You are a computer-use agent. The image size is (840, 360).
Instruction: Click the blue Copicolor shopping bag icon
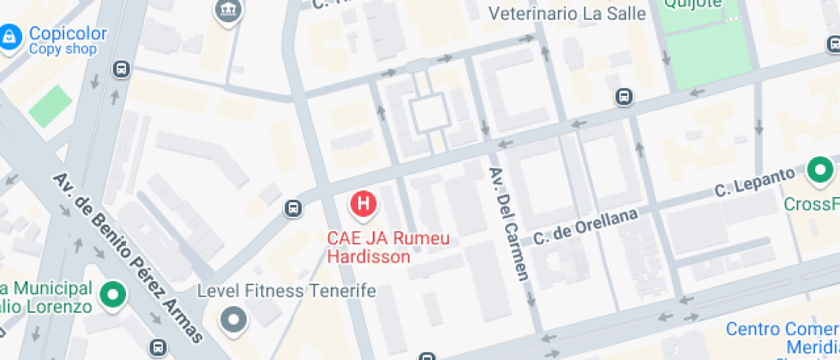[x=9, y=38]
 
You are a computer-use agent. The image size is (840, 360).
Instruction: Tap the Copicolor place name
[x=68, y=34]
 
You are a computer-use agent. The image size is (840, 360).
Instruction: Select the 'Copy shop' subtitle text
[x=63, y=50]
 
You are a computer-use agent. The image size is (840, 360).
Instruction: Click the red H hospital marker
[x=363, y=204]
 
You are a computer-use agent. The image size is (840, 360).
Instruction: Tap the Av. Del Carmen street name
[x=509, y=223]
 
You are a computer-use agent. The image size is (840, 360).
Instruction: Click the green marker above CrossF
[x=820, y=171]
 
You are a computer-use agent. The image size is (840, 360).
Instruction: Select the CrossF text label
[x=811, y=204]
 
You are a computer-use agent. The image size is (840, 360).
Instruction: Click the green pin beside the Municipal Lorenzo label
[x=112, y=296]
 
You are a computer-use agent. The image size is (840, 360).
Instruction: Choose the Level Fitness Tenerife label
[x=286, y=291]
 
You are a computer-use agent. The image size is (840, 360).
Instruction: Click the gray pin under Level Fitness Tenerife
[x=233, y=321]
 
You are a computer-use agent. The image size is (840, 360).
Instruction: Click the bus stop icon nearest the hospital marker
[x=293, y=207]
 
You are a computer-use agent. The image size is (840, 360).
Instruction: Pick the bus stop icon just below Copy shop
[x=122, y=69]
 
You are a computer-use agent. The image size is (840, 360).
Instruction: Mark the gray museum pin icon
[x=229, y=11]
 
